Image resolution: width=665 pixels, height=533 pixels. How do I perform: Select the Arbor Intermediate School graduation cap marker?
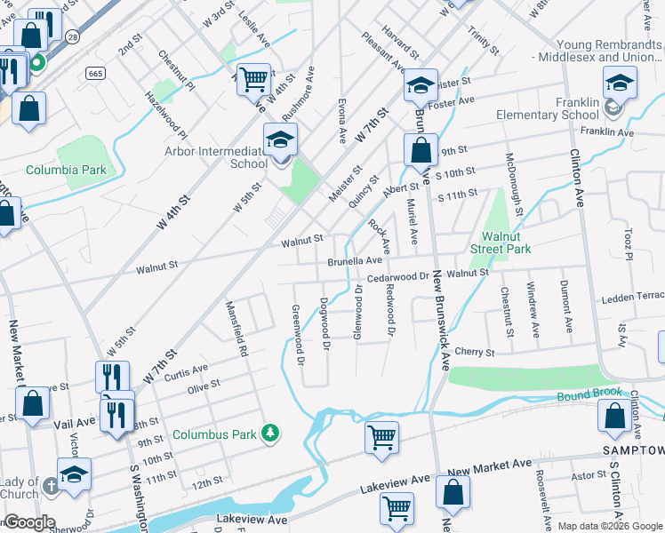tap(280, 140)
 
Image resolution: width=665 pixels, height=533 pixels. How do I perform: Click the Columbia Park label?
tap(66, 170)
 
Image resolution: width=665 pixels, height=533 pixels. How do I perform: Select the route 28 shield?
tap(72, 36)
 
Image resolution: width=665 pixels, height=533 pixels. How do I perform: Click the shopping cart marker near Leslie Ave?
tap(253, 80)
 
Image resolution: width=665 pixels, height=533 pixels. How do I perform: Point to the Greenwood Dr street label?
tap(298, 336)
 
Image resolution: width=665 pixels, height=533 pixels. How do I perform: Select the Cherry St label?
tap(474, 353)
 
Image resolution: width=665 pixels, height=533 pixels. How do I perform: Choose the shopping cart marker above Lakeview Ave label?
tap(381, 436)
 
